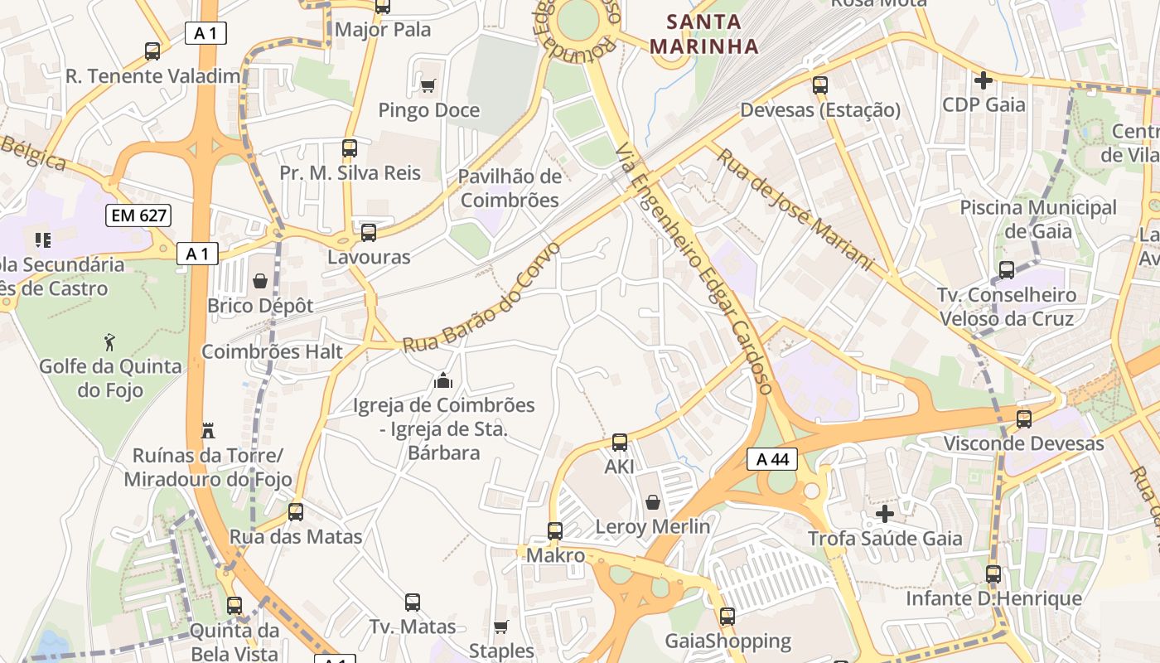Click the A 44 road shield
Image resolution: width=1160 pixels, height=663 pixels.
coord(772,459)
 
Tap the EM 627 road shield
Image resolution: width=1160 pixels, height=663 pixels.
coord(138,216)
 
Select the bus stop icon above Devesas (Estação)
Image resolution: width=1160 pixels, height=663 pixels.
coord(820,85)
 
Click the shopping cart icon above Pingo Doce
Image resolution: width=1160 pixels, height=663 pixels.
coord(428,85)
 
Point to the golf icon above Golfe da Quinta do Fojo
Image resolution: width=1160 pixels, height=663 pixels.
coord(109,341)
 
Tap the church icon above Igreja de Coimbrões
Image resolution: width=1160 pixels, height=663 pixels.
coord(443,380)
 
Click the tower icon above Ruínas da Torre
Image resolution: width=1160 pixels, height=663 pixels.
coord(208,431)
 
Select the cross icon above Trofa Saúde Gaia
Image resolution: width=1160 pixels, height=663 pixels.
coord(885,514)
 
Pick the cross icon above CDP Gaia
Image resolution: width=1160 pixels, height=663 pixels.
coord(984,80)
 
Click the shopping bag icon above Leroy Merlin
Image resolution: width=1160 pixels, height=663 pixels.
coord(653,502)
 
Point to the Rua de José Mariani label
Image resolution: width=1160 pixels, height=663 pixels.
coord(795,209)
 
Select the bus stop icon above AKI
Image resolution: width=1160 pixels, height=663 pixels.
coord(620,442)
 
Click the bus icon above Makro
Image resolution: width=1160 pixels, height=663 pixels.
coord(555,530)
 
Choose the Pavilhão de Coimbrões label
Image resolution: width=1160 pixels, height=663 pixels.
coord(510,188)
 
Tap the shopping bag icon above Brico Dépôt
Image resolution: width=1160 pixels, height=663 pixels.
coord(260,281)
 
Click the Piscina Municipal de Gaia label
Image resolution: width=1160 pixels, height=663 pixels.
coord(1038,219)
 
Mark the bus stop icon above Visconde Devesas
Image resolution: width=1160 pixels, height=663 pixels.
coord(1024,419)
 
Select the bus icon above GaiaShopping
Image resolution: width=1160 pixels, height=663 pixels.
coord(727,616)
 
